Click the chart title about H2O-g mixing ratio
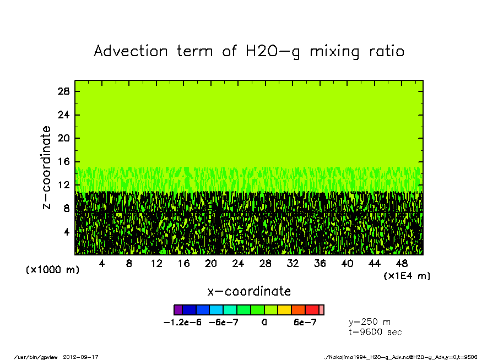tap(249, 51)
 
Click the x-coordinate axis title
tap(249, 291)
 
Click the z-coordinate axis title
tap(47, 167)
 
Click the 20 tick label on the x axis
tap(210, 264)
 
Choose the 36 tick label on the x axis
tap(320, 264)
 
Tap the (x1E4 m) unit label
tap(407, 275)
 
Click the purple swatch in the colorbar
tap(178, 310)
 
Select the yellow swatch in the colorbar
tap(284, 310)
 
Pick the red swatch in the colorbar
tap(312, 310)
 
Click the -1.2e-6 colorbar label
tap(182, 323)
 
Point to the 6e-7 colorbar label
tap(305, 323)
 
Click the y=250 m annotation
tap(370, 322)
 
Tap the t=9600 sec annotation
tap(376, 332)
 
